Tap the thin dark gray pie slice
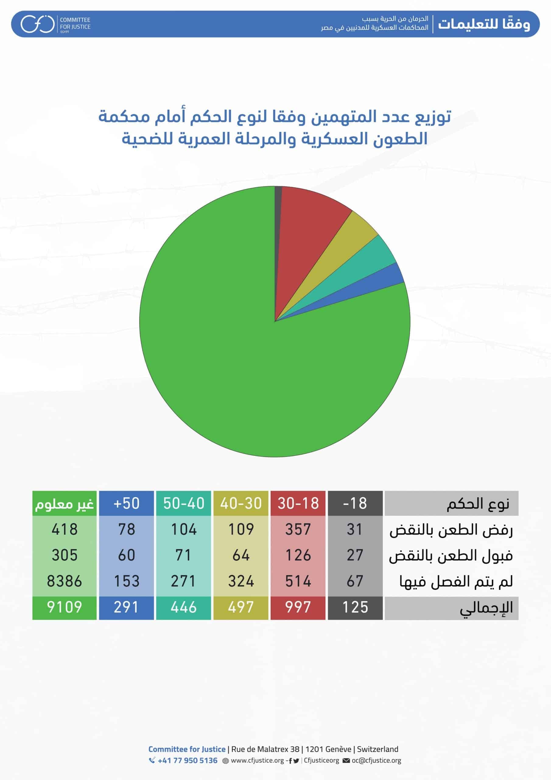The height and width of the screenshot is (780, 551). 278,204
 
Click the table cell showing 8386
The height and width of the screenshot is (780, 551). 65,581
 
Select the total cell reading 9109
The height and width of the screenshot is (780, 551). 65,607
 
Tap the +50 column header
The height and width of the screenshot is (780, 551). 126,503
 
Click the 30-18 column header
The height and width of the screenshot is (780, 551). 298,503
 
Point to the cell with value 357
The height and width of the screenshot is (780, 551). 298,529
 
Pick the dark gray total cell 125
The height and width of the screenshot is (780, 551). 355,607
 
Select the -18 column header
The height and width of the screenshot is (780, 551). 355,503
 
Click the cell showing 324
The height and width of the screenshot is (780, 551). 241,581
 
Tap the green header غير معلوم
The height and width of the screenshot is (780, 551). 65,503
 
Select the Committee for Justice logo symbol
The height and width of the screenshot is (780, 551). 37,24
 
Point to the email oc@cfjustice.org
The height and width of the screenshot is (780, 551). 376,760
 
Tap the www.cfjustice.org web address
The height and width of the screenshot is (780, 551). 257,760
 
